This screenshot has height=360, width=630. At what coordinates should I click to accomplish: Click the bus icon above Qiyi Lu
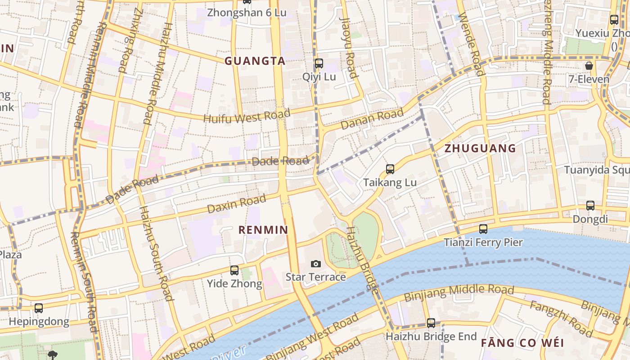tap(319, 63)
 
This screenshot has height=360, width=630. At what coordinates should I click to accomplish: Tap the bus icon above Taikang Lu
tap(390, 169)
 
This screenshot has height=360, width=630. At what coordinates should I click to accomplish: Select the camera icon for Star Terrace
tap(316, 264)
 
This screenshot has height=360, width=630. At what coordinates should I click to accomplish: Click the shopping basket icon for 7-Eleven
tap(589, 66)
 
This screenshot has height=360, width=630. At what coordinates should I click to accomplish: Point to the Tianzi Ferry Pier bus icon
tap(483, 229)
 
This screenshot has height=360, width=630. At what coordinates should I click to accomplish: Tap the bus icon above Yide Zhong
tap(234, 270)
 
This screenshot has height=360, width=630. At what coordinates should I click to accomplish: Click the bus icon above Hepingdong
tap(39, 308)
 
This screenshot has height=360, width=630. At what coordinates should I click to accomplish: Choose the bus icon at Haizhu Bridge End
tap(431, 323)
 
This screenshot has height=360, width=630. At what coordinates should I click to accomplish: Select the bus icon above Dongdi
tap(590, 206)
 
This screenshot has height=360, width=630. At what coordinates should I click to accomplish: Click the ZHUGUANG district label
tap(480, 148)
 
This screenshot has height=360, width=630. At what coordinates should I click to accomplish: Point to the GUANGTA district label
tap(255, 61)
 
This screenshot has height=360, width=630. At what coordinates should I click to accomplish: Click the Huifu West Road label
tap(247, 116)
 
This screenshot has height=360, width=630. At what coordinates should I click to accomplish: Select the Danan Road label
tap(372, 119)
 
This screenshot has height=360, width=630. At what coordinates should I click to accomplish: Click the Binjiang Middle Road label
tap(459, 293)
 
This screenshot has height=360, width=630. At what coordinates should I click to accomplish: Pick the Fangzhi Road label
tap(561, 319)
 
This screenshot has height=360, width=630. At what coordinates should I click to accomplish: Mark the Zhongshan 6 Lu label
tap(247, 13)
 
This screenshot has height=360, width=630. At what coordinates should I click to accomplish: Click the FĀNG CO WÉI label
tap(522, 343)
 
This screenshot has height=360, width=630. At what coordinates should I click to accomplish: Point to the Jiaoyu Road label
tap(349, 48)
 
